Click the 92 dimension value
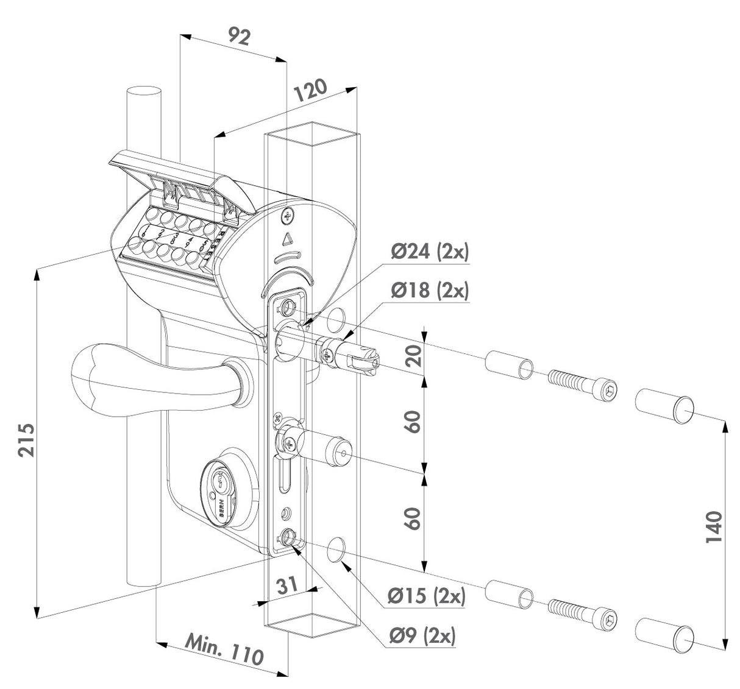coord(240,37)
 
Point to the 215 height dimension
coord(25,439)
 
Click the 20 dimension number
coord(414,355)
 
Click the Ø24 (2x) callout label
coord(429,252)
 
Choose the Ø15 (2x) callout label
coord(427,595)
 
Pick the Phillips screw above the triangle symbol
coord(290,214)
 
